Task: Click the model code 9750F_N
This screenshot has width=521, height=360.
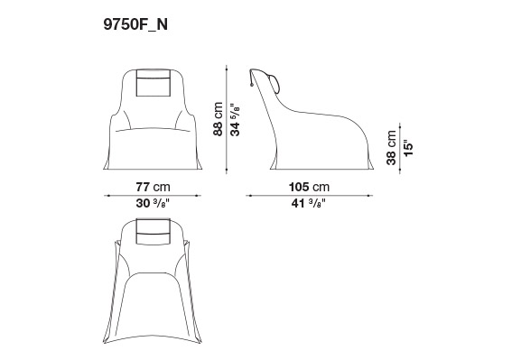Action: (x=135, y=24)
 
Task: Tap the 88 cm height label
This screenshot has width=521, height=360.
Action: (x=218, y=119)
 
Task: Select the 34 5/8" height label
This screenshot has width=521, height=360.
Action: (x=235, y=120)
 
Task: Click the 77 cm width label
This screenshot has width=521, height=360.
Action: (x=153, y=187)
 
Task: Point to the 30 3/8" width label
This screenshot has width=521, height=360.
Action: (x=153, y=203)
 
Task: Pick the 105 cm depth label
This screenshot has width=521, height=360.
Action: (x=309, y=187)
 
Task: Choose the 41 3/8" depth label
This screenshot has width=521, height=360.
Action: (x=308, y=203)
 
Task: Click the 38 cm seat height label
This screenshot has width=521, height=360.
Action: (x=391, y=148)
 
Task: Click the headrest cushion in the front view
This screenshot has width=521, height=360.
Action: (x=154, y=83)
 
